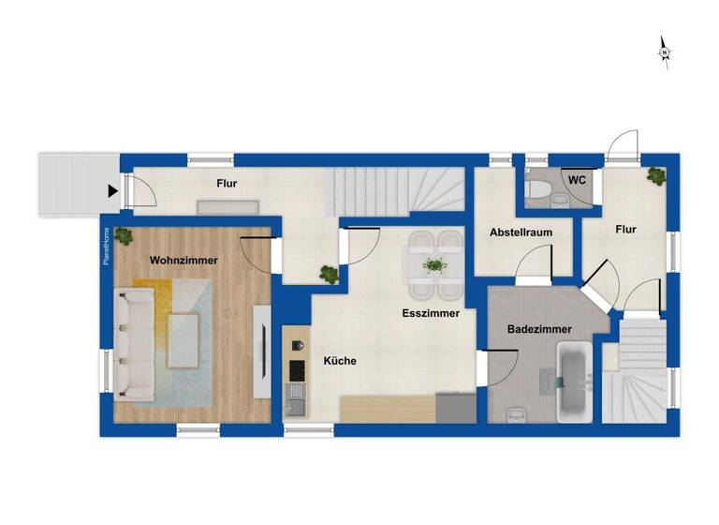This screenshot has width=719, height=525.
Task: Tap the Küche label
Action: (x=339, y=360)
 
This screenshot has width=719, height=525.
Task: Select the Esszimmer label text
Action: (x=431, y=313)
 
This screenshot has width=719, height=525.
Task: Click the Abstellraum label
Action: (x=520, y=232)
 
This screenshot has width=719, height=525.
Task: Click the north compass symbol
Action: (x=664, y=52)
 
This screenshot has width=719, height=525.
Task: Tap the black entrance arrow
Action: (x=112, y=191)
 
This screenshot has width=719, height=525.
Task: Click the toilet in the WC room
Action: (x=537, y=192)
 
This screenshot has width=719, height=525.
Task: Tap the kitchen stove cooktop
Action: (x=297, y=370)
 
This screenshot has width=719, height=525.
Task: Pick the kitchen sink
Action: (x=296, y=405)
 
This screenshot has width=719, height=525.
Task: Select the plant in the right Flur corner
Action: (x=656, y=175)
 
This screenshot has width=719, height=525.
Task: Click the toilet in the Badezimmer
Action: (x=514, y=413)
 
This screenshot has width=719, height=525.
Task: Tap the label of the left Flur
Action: (x=226, y=184)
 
